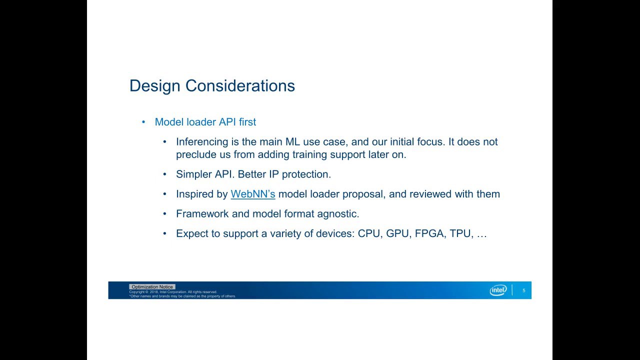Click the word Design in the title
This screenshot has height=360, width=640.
pyautogui.click(x=155, y=86)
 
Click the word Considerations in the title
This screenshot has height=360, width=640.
pyautogui.click(x=240, y=85)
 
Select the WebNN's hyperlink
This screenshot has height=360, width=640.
pyautogui.click(x=253, y=194)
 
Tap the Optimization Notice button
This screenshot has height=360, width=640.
pyautogui.click(x=152, y=286)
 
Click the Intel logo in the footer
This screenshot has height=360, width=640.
pyautogui.click(x=498, y=290)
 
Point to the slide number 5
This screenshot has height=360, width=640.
pyautogui.click(x=523, y=290)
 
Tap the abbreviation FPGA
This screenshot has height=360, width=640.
pyautogui.click(x=429, y=233)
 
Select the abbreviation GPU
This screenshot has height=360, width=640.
pyautogui.click(x=397, y=233)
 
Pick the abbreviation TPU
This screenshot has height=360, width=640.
pyautogui.click(x=460, y=233)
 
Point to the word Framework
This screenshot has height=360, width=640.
pyautogui.click(x=202, y=213)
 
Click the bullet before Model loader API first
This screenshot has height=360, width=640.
pyautogui.click(x=143, y=122)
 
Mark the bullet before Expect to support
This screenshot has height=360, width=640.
pyautogui.click(x=164, y=233)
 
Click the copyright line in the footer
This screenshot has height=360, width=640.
pyautogui.click(x=173, y=292)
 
